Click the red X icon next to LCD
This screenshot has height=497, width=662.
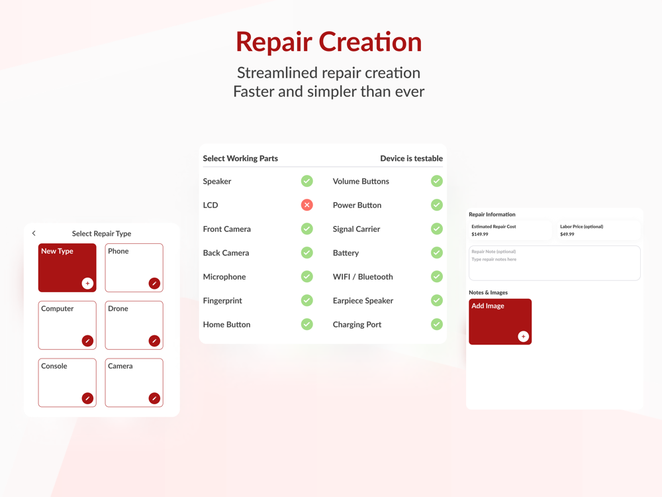(x=307, y=205)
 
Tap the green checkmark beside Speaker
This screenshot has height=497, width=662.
(x=307, y=181)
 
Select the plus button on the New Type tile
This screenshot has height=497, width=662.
(x=87, y=283)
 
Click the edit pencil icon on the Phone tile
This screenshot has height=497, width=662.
(x=154, y=283)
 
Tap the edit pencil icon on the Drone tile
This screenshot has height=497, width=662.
(x=154, y=341)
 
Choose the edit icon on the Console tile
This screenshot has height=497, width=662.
(x=87, y=398)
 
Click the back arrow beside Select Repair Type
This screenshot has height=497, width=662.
(x=34, y=233)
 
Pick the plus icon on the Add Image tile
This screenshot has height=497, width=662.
(x=524, y=337)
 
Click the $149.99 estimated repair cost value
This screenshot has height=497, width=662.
(x=479, y=234)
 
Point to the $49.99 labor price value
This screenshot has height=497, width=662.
(x=567, y=234)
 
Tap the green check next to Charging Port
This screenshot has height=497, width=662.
(x=437, y=324)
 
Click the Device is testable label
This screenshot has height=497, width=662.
(x=412, y=158)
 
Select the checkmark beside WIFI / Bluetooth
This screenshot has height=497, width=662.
(x=437, y=276)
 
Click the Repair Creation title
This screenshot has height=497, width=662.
(x=329, y=42)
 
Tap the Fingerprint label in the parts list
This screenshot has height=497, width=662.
(x=222, y=301)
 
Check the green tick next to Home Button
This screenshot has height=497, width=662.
(x=307, y=324)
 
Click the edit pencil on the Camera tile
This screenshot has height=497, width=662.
(x=154, y=398)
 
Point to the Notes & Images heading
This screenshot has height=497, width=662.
(x=488, y=292)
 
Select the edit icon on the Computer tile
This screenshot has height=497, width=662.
(x=87, y=341)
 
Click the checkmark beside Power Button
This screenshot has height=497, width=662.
(x=437, y=205)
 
